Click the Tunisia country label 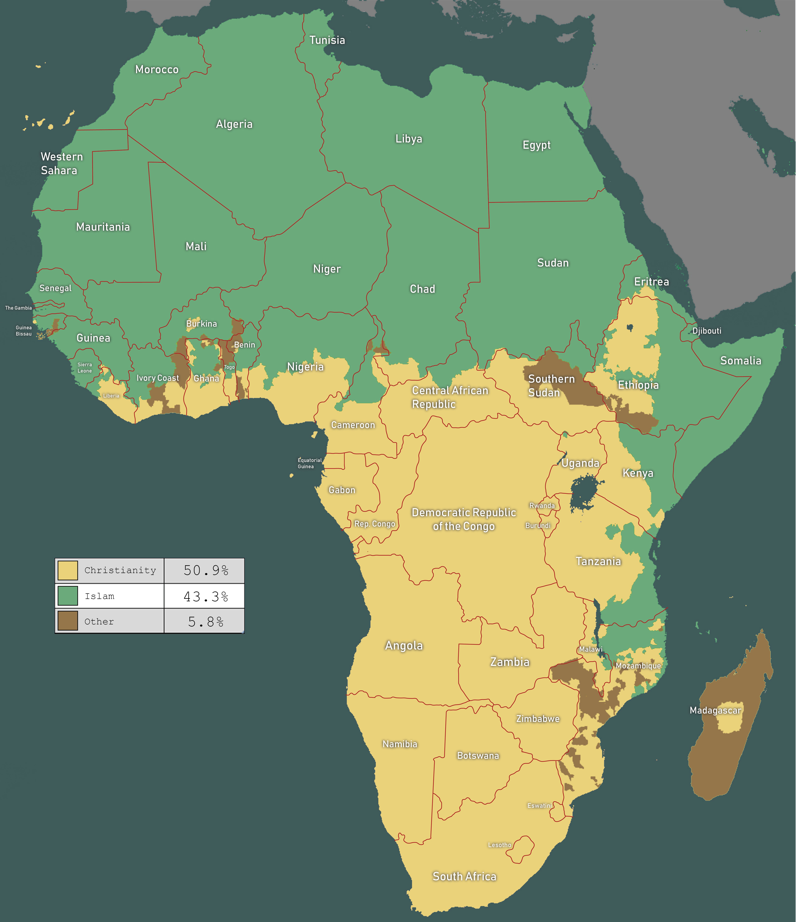327,40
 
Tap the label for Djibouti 707,331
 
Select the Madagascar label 715,710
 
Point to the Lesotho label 499,845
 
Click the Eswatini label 539,805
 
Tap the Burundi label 538,525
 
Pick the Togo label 229,367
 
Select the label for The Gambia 18,308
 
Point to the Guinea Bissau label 24,331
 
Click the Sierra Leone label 85,368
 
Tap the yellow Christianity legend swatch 68,570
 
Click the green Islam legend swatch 68,596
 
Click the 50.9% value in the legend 206,570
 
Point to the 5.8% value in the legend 206,622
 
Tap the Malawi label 590,649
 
